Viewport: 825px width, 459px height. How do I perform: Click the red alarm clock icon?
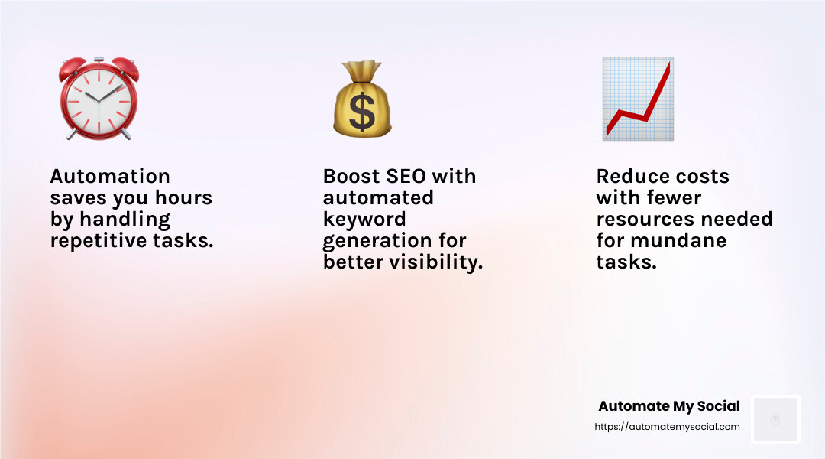tap(99, 100)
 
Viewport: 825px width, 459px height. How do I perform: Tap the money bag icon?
tap(362, 101)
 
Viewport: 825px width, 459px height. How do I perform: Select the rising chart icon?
tap(637, 99)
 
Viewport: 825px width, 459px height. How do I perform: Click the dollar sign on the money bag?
tap(362, 111)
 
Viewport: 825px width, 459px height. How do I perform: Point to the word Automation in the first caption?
tap(110, 177)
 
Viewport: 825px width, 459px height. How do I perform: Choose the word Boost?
tap(348, 177)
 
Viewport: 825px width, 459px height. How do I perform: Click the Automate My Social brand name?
tap(668, 406)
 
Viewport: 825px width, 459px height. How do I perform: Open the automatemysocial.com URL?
tap(667, 427)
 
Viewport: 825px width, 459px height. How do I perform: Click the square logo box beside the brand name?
tap(775, 419)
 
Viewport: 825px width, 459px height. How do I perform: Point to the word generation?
tap(376, 241)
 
